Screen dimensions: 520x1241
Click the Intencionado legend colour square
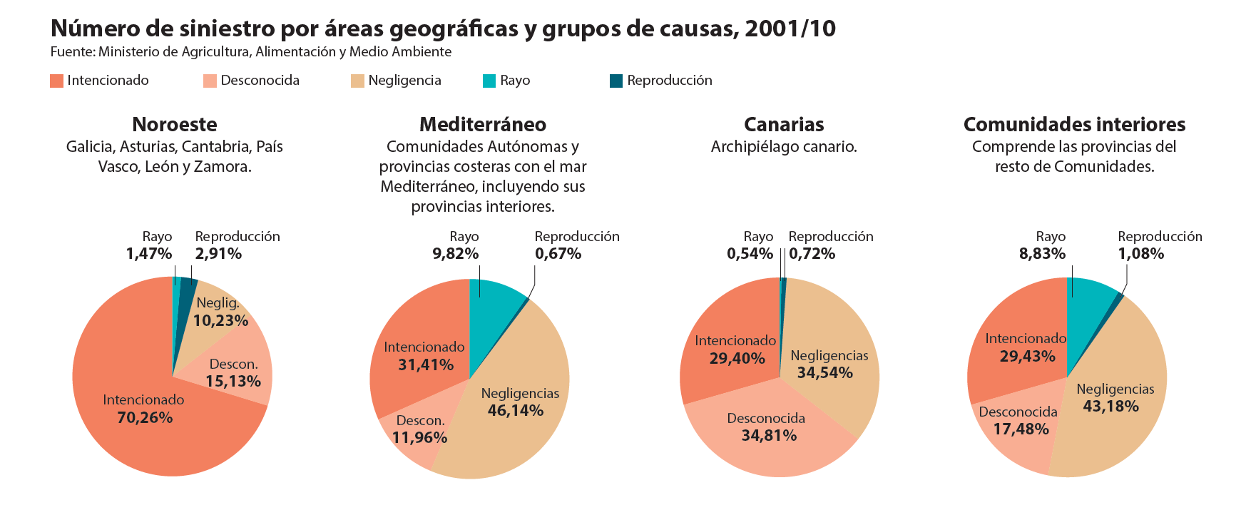tap(56, 81)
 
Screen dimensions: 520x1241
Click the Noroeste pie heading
tap(175, 124)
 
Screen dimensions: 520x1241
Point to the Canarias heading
tap(783, 124)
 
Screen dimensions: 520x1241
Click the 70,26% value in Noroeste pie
tap(145, 418)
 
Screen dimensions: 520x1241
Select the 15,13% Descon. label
tap(233, 382)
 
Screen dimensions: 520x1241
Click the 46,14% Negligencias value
tap(516, 411)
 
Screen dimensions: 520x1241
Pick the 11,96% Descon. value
tap(419, 438)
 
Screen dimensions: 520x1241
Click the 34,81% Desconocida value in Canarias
tap(769, 436)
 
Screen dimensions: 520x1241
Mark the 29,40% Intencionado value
tap(737, 359)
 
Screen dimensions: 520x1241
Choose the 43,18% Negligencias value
tap(1110, 407)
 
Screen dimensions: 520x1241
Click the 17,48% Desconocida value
tap(1021, 429)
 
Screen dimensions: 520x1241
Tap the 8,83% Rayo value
tap(1042, 254)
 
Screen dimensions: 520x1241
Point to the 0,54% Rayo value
tap(750, 254)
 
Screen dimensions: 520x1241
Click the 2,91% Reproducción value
tap(218, 254)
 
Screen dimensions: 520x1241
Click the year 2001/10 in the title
tap(790, 29)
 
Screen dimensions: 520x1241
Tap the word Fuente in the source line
tap(72, 52)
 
